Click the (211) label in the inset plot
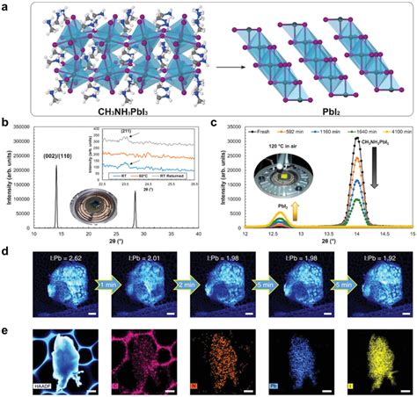[135, 134]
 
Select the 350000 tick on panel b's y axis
[24, 127]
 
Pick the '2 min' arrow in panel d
[177, 285]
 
